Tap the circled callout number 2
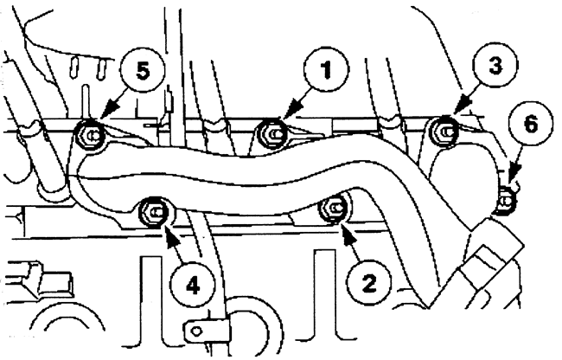(368, 280)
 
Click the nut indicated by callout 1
(271, 132)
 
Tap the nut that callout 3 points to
(443, 131)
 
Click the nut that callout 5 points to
(87, 134)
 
